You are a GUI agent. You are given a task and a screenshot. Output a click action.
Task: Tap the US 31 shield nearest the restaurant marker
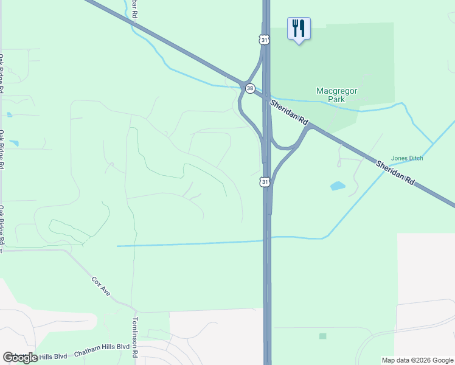[263, 40]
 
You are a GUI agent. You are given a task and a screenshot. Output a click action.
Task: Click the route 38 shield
[250, 88]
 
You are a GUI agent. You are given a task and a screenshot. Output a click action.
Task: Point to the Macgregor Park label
[336, 95]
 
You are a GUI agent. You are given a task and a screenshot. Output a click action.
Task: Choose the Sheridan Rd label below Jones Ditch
[395, 173]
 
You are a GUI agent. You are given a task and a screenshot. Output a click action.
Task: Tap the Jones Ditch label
[406, 158]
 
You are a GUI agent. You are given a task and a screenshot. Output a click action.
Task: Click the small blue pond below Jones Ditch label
[338, 186]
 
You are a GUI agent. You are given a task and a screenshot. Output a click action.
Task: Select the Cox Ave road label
[101, 287]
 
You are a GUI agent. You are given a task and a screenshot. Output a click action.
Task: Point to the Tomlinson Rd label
[136, 336]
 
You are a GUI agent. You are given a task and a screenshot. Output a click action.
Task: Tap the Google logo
[21, 357]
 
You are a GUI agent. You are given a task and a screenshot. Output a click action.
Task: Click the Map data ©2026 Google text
[417, 360]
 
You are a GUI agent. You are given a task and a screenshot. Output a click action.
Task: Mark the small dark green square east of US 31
[322, 336]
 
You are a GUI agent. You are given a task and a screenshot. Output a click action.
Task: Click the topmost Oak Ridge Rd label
[2, 73]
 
